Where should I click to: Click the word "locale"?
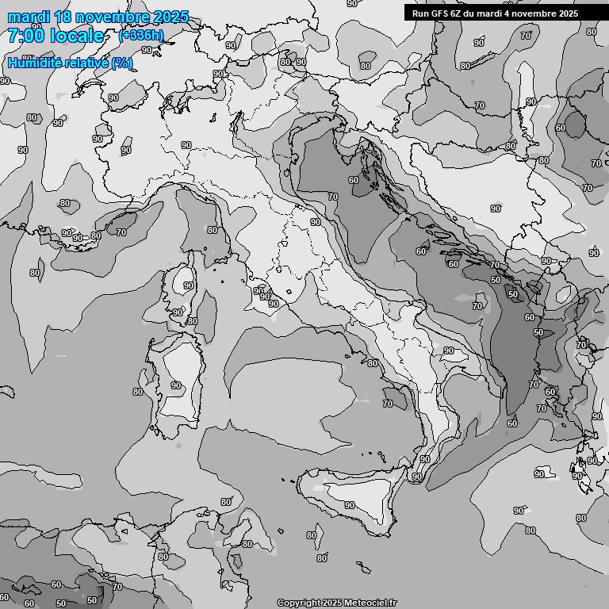[76, 36]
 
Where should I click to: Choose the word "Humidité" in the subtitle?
[34, 63]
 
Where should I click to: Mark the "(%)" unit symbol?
[122, 63]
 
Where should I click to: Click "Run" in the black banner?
[420, 13]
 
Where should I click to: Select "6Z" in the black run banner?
[458, 13]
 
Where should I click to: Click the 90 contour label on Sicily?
[350, 505]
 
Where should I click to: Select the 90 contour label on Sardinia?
[175, 385]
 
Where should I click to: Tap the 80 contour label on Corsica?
[192, 321]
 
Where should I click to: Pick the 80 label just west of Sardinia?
[138, 392]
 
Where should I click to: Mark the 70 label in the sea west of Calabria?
[387, 404]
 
